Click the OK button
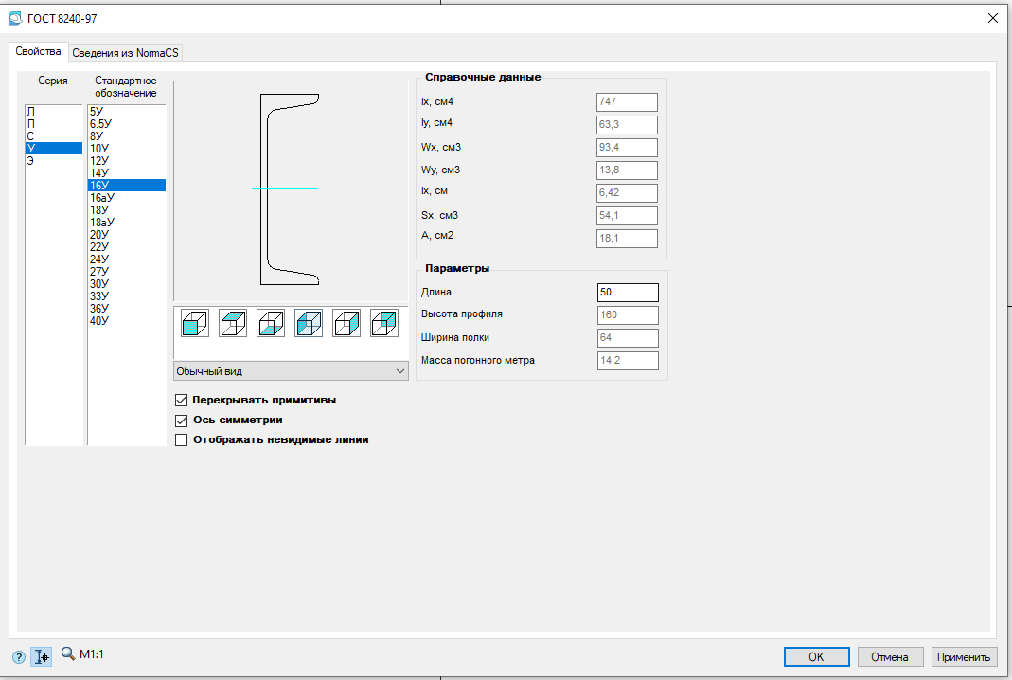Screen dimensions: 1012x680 (816, 656)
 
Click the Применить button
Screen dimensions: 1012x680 (964, 656)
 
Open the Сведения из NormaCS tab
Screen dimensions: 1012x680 (125, 53)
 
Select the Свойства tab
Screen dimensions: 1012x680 (38, 52)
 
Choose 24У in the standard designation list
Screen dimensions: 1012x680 (99, 259)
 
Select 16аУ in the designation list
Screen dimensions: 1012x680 (102, 198)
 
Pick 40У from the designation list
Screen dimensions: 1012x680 (99, 320)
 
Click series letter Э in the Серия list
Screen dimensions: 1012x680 (30, 161)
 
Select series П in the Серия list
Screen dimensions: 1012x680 (30, 124)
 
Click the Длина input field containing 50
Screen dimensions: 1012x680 (628, 293)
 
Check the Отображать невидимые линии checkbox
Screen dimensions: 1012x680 (182, 439)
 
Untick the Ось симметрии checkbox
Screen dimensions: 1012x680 (182, 421)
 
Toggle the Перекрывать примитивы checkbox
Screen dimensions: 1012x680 (182, 401)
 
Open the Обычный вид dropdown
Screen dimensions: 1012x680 (291, 371)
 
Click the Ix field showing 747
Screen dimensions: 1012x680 (627, 102)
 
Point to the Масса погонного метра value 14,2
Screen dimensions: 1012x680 (628, 360)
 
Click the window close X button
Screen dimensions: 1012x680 (993, 18)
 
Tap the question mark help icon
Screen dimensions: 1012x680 (19, 657)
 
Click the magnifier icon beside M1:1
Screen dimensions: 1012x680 (68, 653)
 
